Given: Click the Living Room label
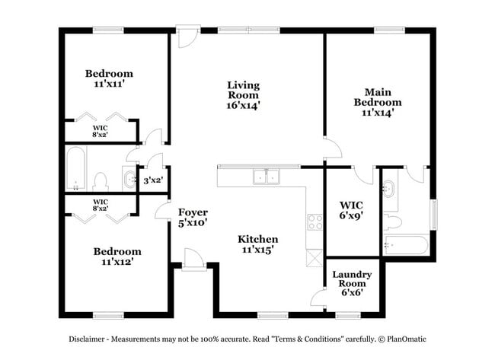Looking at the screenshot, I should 243,95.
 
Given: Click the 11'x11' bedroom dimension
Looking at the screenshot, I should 109,84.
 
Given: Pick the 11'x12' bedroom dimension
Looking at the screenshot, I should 117,262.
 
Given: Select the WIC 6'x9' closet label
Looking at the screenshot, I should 351,209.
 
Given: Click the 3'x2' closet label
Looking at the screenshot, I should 153,180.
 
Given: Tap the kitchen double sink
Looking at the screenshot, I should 266,177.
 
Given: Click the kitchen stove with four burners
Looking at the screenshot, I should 315,222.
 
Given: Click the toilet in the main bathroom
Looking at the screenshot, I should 392,221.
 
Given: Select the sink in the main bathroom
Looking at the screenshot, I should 389,187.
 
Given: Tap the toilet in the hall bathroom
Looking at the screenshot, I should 100,181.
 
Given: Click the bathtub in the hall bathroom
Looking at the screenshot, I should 75,170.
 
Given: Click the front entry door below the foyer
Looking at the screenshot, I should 193,261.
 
